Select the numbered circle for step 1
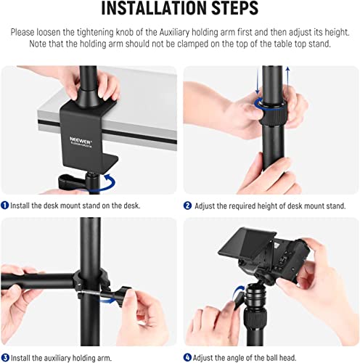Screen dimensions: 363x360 coord(6,205)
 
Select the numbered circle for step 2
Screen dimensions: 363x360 coord(188,205)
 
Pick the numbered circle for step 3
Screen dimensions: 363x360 coord(6,356)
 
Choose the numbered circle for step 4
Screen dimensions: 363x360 coord(188,356)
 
